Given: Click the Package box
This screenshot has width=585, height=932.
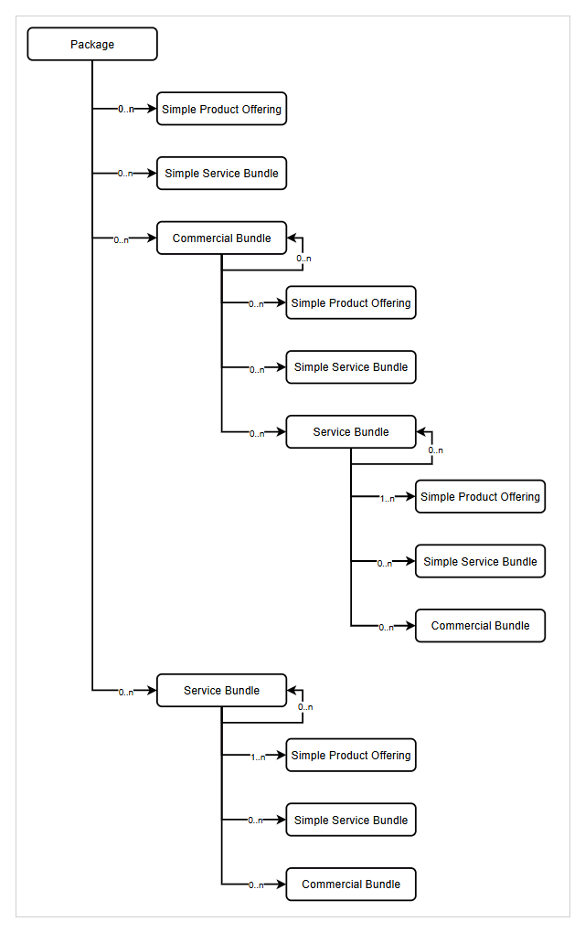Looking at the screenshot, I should click(x=92, y=44).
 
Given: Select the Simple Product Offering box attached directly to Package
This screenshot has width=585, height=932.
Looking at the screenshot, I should click(x=221, y=109).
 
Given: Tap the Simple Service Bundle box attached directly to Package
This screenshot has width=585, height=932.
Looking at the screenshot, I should click(x=221, y=173).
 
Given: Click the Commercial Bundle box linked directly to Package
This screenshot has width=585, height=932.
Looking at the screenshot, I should click(x=221, y=238).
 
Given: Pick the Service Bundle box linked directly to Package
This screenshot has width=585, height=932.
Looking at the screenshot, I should click(x=221, y=690).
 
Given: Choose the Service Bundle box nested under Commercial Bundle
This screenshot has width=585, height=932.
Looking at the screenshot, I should click(x=351, y=431).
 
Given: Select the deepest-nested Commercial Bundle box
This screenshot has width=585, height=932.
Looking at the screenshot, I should click(x=480, y=626).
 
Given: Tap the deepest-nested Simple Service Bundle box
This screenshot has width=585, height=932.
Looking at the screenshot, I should click(x=480, y=561).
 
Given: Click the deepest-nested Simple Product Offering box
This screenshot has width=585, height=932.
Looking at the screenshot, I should click(x=480, y=496).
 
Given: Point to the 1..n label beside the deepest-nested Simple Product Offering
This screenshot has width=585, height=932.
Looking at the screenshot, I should click(x=387, y=499).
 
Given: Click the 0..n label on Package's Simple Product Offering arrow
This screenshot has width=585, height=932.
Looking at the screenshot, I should click(x=125, y=110).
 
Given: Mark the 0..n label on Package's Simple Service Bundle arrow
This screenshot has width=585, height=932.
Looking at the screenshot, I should click(x=125, y=174).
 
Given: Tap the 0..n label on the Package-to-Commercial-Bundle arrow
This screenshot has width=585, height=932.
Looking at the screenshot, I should click(x=121, y=239).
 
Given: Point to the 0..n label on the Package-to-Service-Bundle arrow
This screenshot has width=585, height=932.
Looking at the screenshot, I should click(x=125, y=693).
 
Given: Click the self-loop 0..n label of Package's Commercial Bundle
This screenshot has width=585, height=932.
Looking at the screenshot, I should click(x=303, y=259).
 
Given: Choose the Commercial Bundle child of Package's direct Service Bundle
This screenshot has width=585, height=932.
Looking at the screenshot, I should click(x=351, y=884).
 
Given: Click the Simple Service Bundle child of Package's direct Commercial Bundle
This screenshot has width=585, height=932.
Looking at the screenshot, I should click(x=351, y=366).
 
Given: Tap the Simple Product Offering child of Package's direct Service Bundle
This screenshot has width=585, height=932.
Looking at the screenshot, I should click(x=351, y=755).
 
